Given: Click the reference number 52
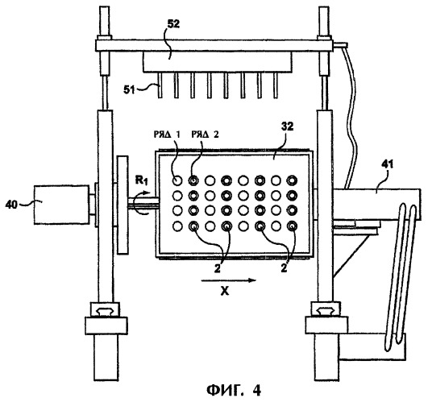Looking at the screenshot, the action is coord(173,24).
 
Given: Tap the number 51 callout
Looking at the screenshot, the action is coord(130,89).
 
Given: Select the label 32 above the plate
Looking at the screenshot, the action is coord(286,126).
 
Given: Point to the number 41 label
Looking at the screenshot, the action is coord(388,164).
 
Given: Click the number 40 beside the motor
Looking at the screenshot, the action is coord(11,205).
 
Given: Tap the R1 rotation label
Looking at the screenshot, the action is coord(142,180).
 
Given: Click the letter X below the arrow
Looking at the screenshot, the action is coord(225,292).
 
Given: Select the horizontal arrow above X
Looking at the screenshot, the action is coord(229,280).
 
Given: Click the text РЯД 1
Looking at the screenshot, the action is coord(167,135).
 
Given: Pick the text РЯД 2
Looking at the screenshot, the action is coord(205,135).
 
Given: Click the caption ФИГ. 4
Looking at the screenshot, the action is coord(234,391).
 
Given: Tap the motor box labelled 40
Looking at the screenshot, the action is coord(61,205).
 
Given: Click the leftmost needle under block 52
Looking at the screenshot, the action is coord(160,85).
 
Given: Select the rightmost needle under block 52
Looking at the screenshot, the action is coord(276,85).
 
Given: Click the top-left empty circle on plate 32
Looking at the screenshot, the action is coord(177,180).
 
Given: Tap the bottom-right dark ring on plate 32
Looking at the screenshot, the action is coord(292,226).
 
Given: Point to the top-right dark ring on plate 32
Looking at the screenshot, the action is coord(292,180).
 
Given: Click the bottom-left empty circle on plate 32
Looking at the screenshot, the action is coord(177,226).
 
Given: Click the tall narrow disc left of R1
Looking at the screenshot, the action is coord(123,205).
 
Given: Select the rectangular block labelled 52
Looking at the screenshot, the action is coord(218,62).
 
